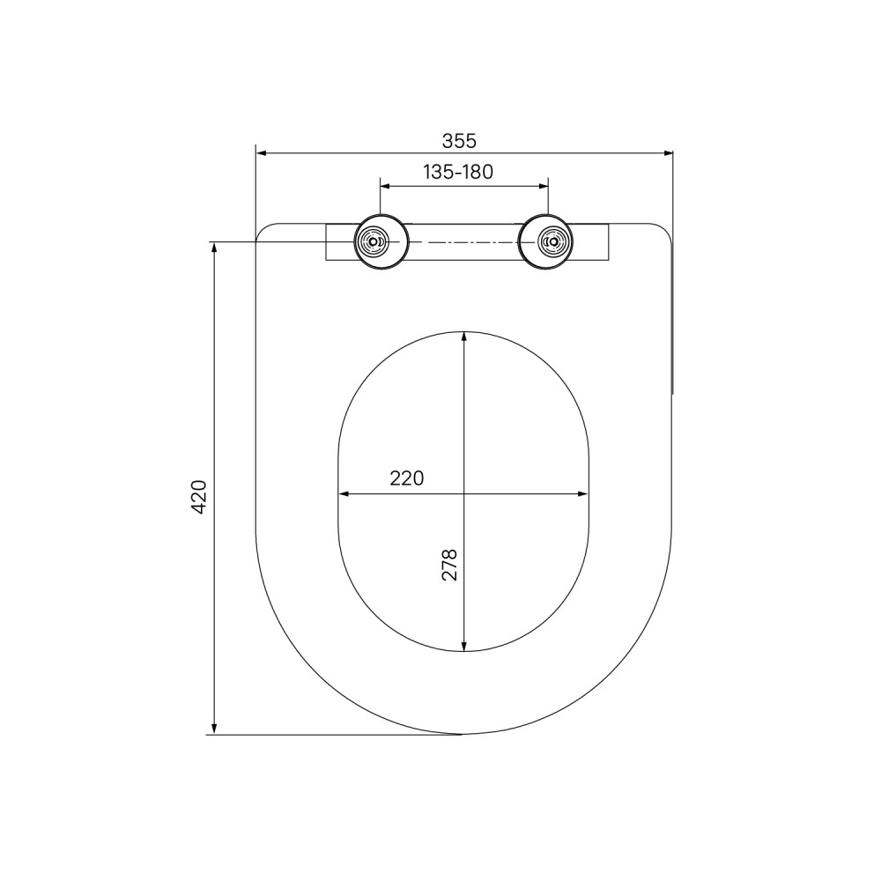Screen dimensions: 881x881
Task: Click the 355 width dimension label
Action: [x=459, y=140]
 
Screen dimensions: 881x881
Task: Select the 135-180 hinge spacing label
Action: [x=458, y=172]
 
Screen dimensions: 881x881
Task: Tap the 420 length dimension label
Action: [x=199, y=497]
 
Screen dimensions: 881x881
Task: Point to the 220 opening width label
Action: [x=407, y=478]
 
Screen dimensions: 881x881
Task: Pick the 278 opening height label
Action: [x=449, y=565]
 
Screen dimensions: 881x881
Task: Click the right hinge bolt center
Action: [x=554, y=241]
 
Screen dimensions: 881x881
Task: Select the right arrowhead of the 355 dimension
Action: [x=668, y=152]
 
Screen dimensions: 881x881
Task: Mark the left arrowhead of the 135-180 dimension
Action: [x=386, y=185]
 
